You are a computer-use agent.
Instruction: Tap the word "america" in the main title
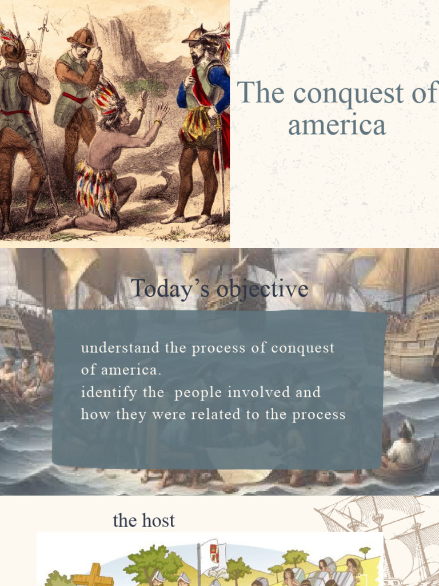point(337,125)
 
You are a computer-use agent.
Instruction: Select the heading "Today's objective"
point(219,288)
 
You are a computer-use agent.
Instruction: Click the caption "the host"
point(143,520)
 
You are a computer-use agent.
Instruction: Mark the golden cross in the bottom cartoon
point(93,575)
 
